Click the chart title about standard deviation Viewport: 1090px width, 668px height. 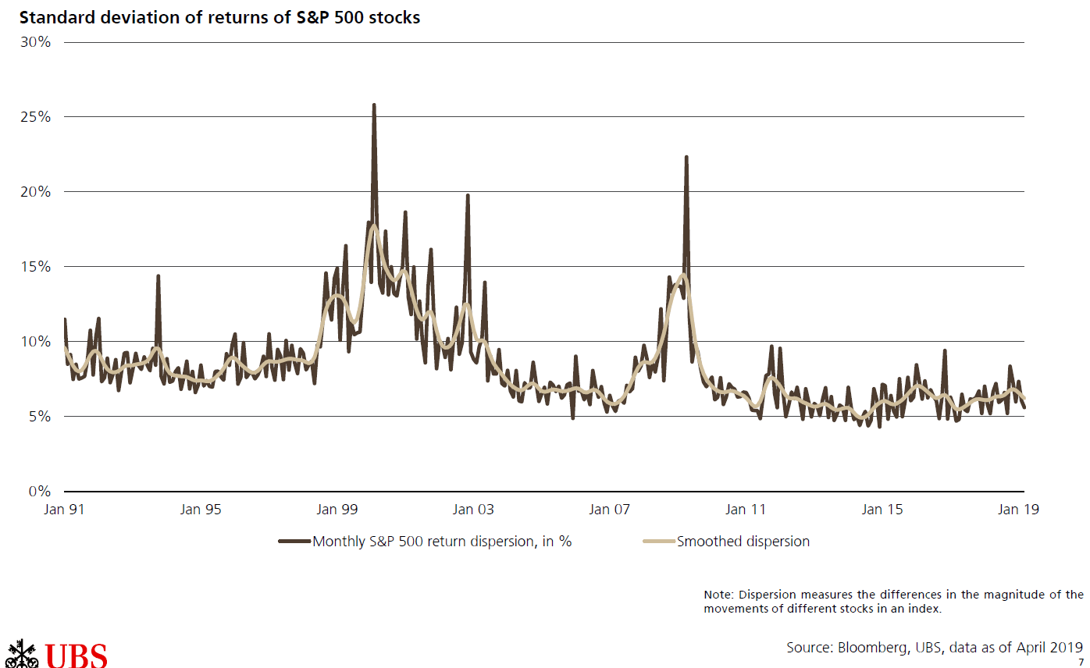pos(214,17)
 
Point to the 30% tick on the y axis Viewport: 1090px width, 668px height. pos(35,42)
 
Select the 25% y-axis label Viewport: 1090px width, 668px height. pos(35,117)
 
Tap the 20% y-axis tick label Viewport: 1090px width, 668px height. pos(35,192)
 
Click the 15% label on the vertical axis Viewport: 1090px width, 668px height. pos(35,267)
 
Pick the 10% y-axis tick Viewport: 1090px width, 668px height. pos(35,342)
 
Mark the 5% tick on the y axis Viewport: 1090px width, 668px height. pos(38,417)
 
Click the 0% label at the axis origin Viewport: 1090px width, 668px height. pos(38,492)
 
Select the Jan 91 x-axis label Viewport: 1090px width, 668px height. pos(65,510)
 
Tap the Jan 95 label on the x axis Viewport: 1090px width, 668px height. pos(201,510)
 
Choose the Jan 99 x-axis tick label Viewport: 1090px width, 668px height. pos(337,510)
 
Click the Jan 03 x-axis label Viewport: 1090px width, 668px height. pos(473,510)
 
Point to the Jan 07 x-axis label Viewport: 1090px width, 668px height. pos(610,510)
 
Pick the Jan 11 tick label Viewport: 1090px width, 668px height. pos(746,510)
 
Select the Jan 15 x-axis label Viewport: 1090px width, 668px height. pos(882,510)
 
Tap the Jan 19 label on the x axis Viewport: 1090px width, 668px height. pos(1018,510)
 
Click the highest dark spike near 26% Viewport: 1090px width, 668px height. pos(374,105)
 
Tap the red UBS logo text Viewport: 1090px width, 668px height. pos(76,656)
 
